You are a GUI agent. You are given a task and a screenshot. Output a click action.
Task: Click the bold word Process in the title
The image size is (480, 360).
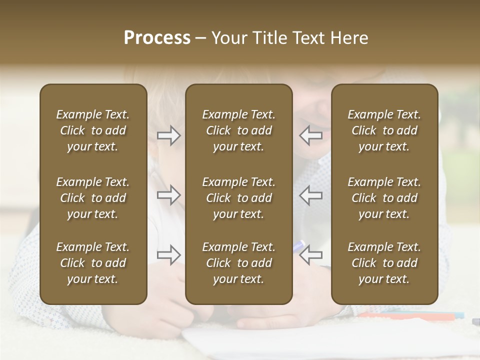157,38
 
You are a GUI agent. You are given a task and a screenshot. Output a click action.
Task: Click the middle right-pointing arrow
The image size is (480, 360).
168,195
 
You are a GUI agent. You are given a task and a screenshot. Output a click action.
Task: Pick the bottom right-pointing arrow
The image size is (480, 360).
168,255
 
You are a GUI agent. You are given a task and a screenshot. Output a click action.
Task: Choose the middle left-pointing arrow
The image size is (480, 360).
310,195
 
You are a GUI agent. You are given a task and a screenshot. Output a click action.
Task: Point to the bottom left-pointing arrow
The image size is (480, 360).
310,255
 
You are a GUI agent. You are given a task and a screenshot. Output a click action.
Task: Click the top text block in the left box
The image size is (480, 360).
93,130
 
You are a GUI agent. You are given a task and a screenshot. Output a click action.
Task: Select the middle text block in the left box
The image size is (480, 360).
93,198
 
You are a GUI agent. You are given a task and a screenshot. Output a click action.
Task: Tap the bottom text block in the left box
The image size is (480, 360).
93,263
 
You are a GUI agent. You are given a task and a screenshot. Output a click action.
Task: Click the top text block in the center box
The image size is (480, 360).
239,130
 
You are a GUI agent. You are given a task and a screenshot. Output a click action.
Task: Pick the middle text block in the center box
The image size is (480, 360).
239,198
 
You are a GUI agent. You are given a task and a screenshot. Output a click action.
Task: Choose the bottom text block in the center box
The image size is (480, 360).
239,263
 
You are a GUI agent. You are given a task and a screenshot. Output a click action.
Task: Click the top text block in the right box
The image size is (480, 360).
384,130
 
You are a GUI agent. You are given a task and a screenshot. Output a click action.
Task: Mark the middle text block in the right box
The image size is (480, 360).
384,198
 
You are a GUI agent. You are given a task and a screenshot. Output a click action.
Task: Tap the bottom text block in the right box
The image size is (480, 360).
384,263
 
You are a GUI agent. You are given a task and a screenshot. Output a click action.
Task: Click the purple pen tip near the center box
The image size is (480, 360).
299,245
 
